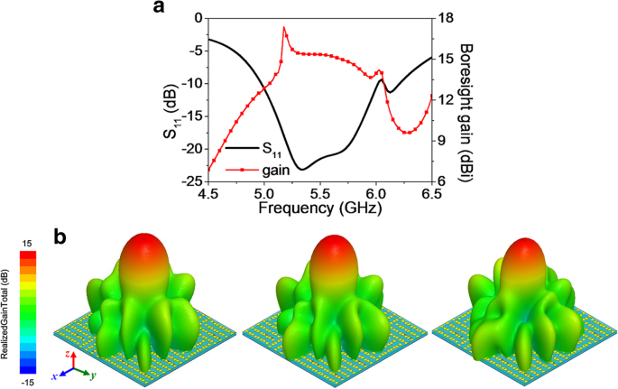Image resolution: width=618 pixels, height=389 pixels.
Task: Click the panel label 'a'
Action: tap(161, 9)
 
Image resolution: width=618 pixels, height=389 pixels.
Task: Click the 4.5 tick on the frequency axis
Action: tap(208, 194)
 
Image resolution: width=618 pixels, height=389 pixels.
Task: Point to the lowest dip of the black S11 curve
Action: tap(302, 169)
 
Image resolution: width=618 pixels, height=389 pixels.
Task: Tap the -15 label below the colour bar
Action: tap(28, 381)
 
